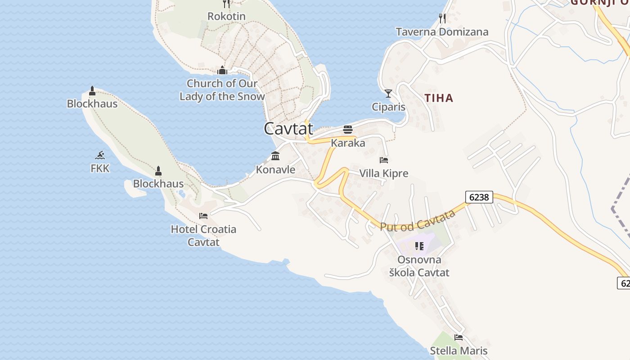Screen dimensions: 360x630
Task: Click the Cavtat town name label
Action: pyautogui.click(x=288, y=129)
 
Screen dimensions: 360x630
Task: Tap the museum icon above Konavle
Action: pyautogui.click(x=275, y=156)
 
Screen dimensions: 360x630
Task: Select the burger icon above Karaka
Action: pyautogui.click(x=348, y=130)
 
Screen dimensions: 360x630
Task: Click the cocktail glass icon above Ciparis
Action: pyautogui.click(x=388, y=94)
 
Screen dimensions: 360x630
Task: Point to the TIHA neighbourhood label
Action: pyautogui.click(x=439, y=98)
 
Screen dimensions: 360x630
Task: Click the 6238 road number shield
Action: pyautogui.click(x=479, y=197)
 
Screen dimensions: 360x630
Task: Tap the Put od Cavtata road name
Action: pyautogui.click(x=418, y=220)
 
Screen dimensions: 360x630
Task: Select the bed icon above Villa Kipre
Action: pyautogui.click(x=384, y=160)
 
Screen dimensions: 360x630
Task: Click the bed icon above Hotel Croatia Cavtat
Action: pyautogui.click(x=203, y=216)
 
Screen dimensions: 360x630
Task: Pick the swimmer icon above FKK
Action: pyautogui.click(x=100, y=155)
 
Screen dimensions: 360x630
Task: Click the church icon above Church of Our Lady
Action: pyautogui.click(x=222, y=70)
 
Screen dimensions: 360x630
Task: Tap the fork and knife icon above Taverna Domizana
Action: pyautogui.click(x=442, y=18)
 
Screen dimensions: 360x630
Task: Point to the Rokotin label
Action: pyautogui.click(x=226, y=16)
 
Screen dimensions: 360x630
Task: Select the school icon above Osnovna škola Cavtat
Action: pyautogui.click(x=419, y=246)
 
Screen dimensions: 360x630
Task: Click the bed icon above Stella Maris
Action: pyautogui.click(x=459, y=337)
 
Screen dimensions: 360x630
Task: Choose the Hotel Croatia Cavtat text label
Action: pyautogui.click(x=203, y=235)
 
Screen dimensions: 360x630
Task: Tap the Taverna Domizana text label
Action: pyautogui.click(x=442, y=32)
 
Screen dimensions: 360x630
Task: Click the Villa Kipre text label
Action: pyautogui.click(x=384, y=173)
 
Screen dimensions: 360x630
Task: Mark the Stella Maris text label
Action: pyautogui.click(x=459, y=351)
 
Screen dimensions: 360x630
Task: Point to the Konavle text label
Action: pyautogui.click(x=275, y=170)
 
